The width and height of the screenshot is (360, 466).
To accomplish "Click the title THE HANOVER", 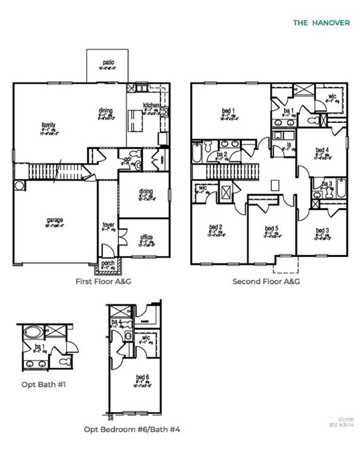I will (321, 23).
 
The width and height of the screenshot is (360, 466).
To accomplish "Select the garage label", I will (55, 220).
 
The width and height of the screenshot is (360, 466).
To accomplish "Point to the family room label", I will (49, 125).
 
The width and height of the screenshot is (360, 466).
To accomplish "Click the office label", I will (146, 237).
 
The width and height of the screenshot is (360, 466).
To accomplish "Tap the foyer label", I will (108, 225).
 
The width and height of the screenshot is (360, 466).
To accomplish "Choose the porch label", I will (108, 263).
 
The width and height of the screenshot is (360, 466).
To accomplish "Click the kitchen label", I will (151, 105).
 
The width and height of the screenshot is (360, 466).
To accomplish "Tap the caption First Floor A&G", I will (103, 281).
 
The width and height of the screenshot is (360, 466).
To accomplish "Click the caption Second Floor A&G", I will (266, 281).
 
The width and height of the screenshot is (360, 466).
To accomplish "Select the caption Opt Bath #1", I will (44, 384).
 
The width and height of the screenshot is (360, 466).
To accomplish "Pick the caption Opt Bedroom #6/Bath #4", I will (132, 429).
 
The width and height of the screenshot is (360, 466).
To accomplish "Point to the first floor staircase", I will (56, 172).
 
